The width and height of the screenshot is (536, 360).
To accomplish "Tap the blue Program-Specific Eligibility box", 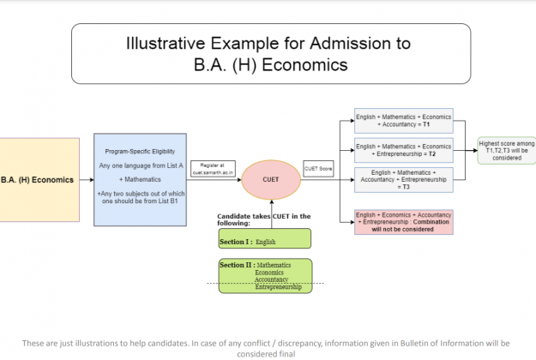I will [x=140, y=179].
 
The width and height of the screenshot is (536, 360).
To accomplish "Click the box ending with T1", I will [x=402, y=119].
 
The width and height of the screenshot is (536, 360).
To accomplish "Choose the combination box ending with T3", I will [x=402, y=181].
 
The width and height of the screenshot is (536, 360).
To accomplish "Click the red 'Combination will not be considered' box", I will [x=402, y=222].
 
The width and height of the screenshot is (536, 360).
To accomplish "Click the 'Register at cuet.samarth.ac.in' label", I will [x=213, y=169].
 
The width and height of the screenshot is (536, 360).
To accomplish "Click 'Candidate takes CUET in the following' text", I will [x=263, y=219].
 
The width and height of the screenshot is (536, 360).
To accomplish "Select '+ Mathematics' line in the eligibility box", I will [x=140, y=181].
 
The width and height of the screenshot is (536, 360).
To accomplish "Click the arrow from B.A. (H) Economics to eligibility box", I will [x=87, y=180].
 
